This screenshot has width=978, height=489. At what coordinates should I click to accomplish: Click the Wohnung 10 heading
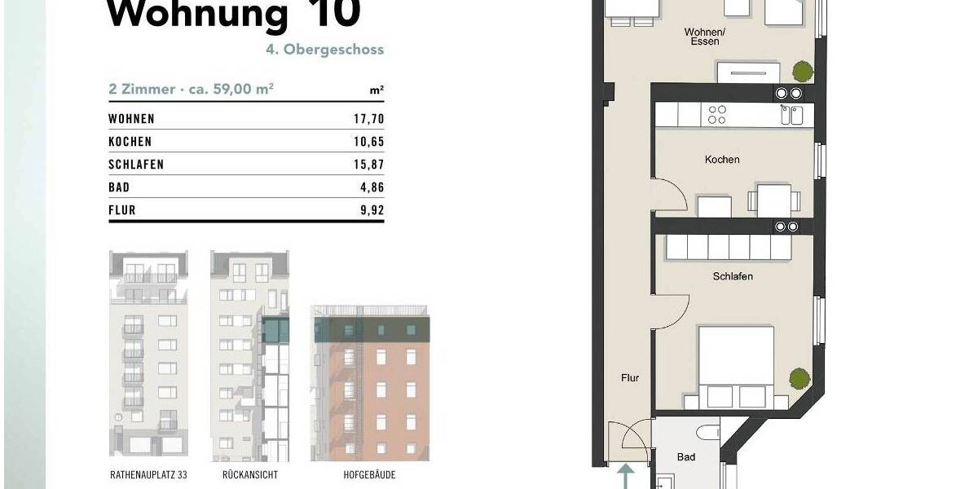point(234,15)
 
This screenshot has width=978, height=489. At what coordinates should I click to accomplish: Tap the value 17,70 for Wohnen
point(367,119)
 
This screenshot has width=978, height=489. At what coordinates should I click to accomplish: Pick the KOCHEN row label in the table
point(130,142)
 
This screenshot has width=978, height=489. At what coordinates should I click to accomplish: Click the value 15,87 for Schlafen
point(367,165)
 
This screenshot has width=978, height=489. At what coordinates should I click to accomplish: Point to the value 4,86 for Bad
point(371,187)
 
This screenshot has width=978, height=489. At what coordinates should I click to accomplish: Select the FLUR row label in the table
point(121,210)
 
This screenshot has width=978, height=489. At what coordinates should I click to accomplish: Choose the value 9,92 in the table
point(371,210)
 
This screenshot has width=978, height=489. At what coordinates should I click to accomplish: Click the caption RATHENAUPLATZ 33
point(148,474)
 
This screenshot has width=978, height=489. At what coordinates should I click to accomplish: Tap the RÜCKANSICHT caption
point(249,474)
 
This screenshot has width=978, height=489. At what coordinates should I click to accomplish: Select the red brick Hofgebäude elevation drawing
point(370,383)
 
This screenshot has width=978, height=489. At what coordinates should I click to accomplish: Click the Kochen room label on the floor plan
point(722,160)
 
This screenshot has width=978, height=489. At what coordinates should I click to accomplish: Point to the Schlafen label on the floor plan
point(733,276)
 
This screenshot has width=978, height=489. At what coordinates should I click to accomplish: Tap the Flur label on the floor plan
point(629,378)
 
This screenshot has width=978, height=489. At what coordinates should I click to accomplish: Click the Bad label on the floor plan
point(686,457)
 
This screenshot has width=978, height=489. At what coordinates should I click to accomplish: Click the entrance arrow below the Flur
point(626,475)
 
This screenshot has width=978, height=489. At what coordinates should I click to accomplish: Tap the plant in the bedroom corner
point(799,379)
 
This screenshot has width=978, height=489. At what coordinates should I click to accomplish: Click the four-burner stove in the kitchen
point(718,115)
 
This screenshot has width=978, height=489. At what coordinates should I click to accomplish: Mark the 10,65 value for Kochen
point(367,142)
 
